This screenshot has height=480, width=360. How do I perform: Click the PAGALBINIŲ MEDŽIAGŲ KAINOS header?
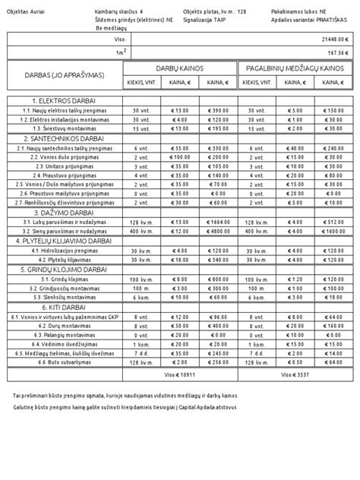click(294, 68)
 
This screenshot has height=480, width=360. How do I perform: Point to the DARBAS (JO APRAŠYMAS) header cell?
click(64, 75)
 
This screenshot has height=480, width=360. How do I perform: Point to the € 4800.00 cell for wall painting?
click(215, 231)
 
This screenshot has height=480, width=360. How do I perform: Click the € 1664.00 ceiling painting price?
click(215, 222)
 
